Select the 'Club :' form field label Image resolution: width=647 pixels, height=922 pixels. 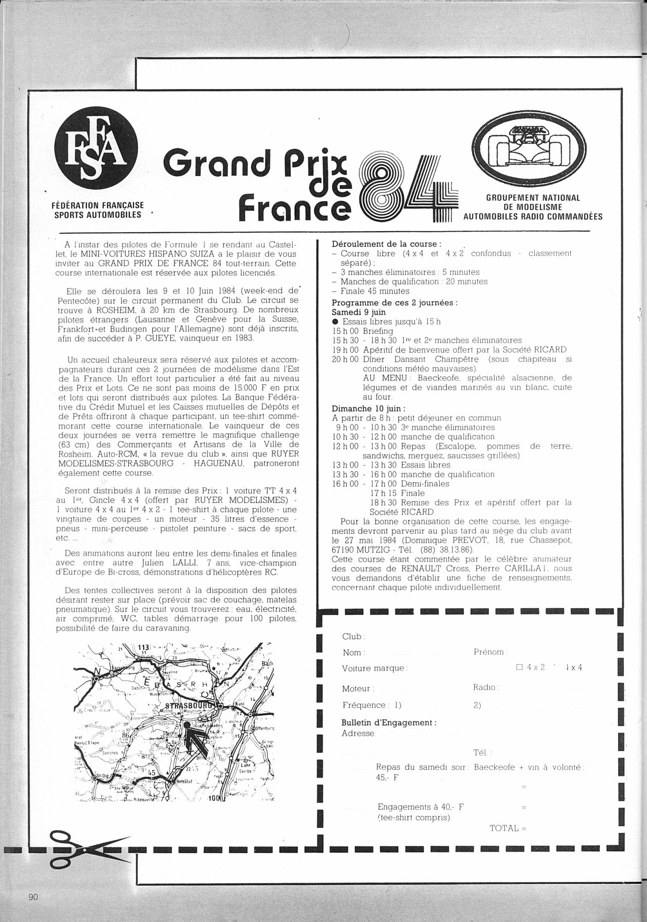point(354,637)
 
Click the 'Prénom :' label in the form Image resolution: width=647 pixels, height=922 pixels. point(490,652)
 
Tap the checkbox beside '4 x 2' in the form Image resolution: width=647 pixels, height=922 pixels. point(519,667)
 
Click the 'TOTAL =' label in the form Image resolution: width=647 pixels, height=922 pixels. point(508,828)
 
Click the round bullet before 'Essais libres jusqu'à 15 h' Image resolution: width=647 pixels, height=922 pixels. point(335,321)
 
